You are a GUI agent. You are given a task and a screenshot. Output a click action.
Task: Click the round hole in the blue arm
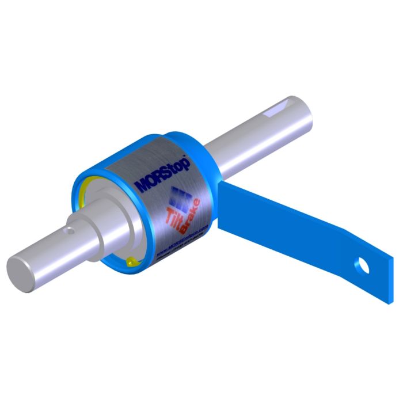click(362, 265)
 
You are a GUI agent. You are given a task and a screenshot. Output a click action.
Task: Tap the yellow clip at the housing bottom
click(132, 261)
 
